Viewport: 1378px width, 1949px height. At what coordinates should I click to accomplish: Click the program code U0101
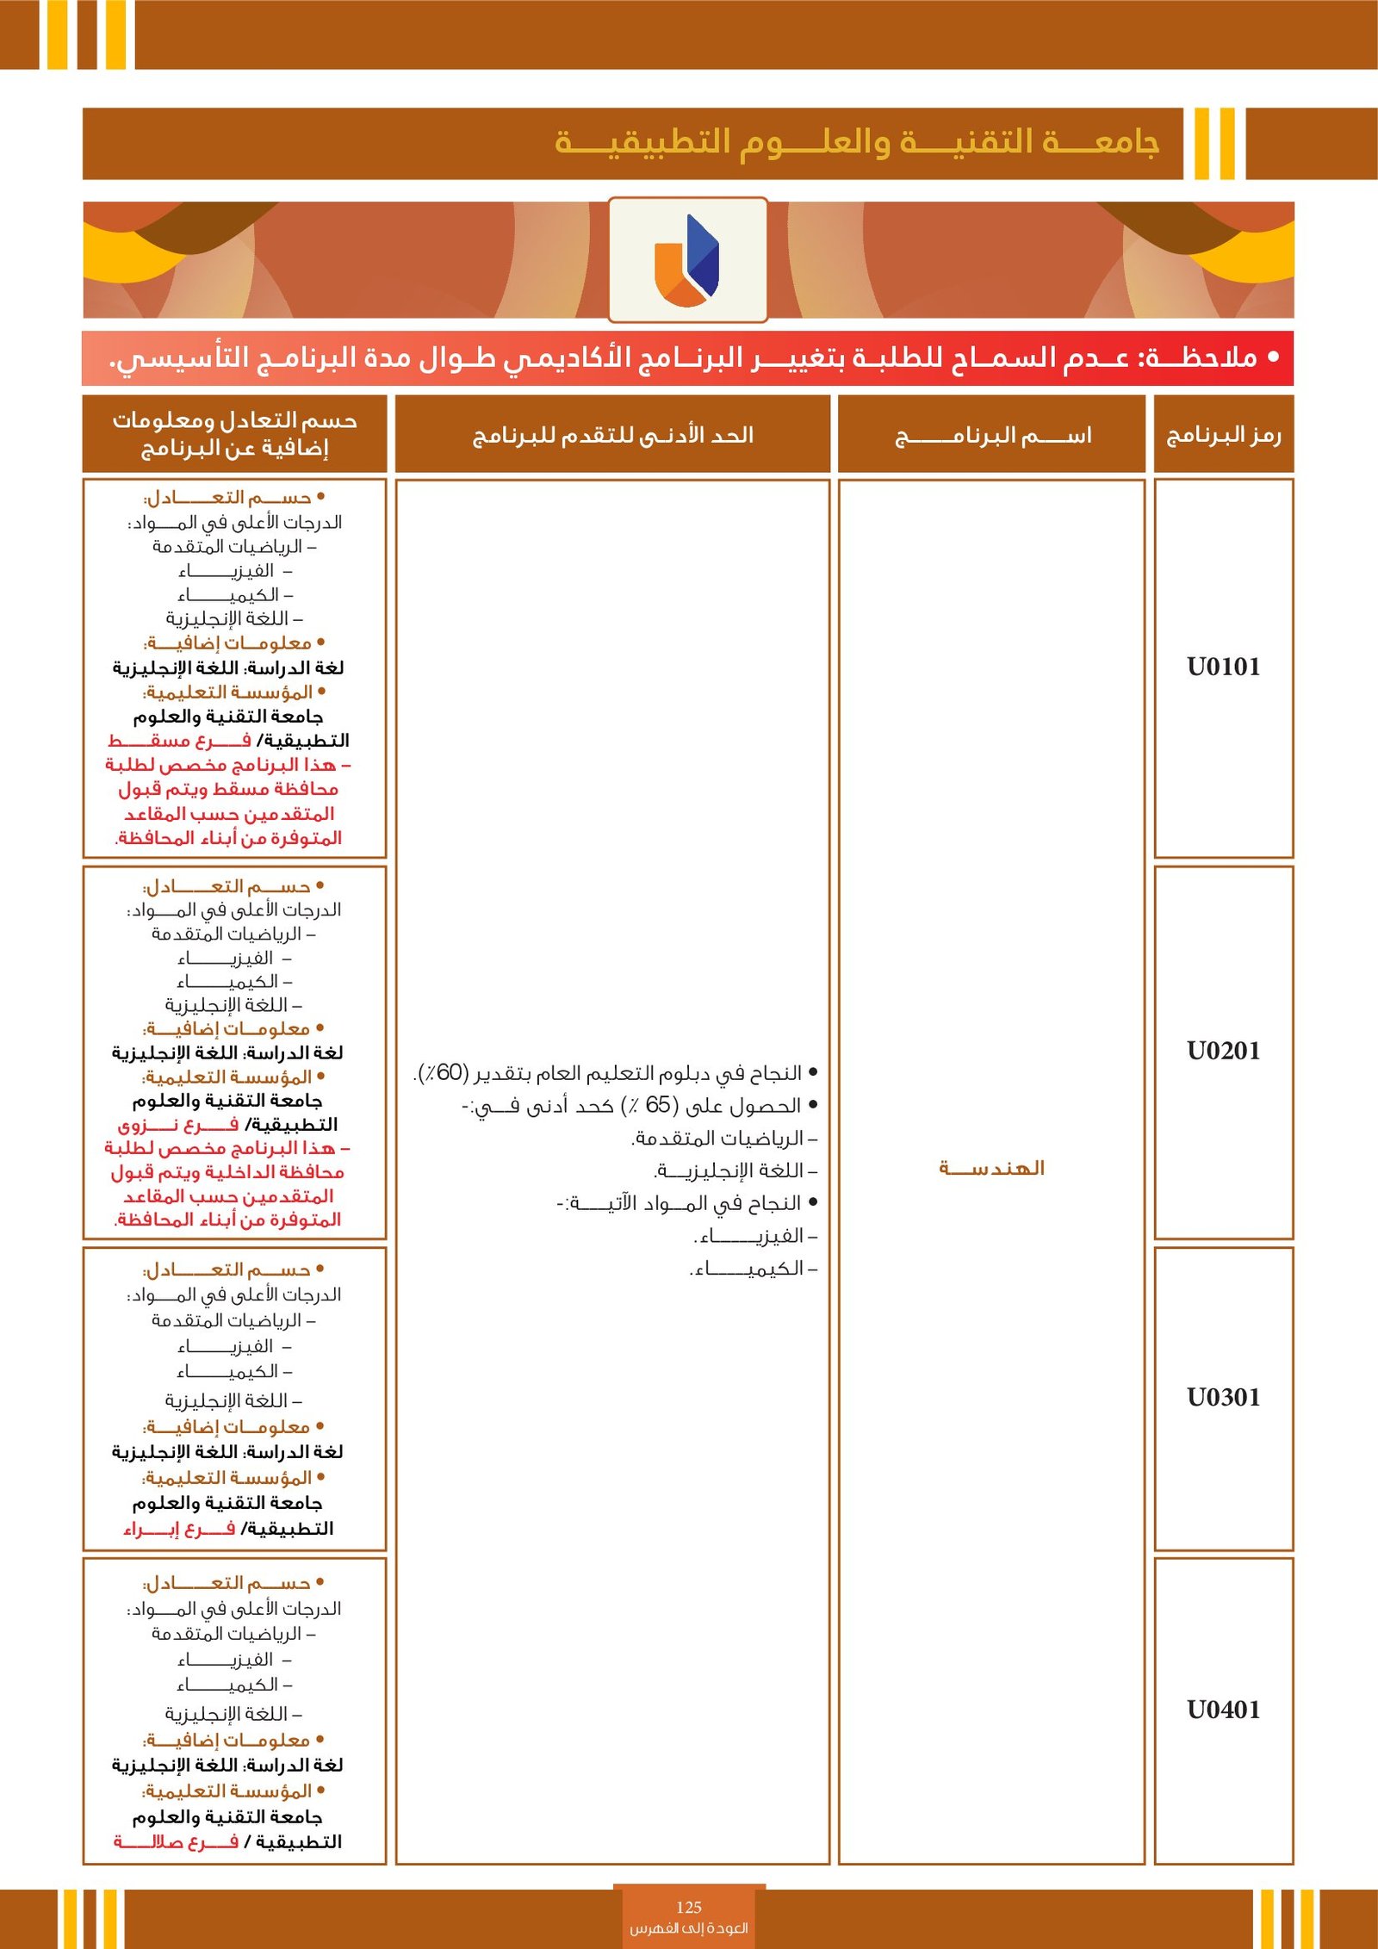(x=1223, y=667)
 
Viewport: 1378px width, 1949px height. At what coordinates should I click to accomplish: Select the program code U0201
(x=1223, y=1051)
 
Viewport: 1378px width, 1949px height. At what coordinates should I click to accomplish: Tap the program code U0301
(x=1223, y=1397)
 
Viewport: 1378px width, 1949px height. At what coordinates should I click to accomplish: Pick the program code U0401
(x=1223, y=1710)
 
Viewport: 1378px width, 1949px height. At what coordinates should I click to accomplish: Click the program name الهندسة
(x=991, y=1168)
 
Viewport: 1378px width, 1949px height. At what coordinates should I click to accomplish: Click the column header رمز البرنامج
(x=1223, y=435)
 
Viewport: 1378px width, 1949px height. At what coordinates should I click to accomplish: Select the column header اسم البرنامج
(x=992, y=436)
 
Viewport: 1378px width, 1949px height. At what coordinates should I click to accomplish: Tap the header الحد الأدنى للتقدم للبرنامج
(x=612, y=435)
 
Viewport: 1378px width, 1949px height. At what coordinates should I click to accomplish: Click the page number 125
(x=688, y=1908)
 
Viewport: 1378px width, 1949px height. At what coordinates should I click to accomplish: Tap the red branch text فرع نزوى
(x=178, y=1125)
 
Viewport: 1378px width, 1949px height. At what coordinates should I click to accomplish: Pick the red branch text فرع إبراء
(x=178, y=1529)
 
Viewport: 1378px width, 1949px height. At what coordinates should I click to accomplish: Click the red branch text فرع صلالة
(x=176, y=1841)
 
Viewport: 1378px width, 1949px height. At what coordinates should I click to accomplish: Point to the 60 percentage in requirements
(x=449, y=1073)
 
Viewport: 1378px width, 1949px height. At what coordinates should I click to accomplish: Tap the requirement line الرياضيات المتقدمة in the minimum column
(x=723, y=1139)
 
